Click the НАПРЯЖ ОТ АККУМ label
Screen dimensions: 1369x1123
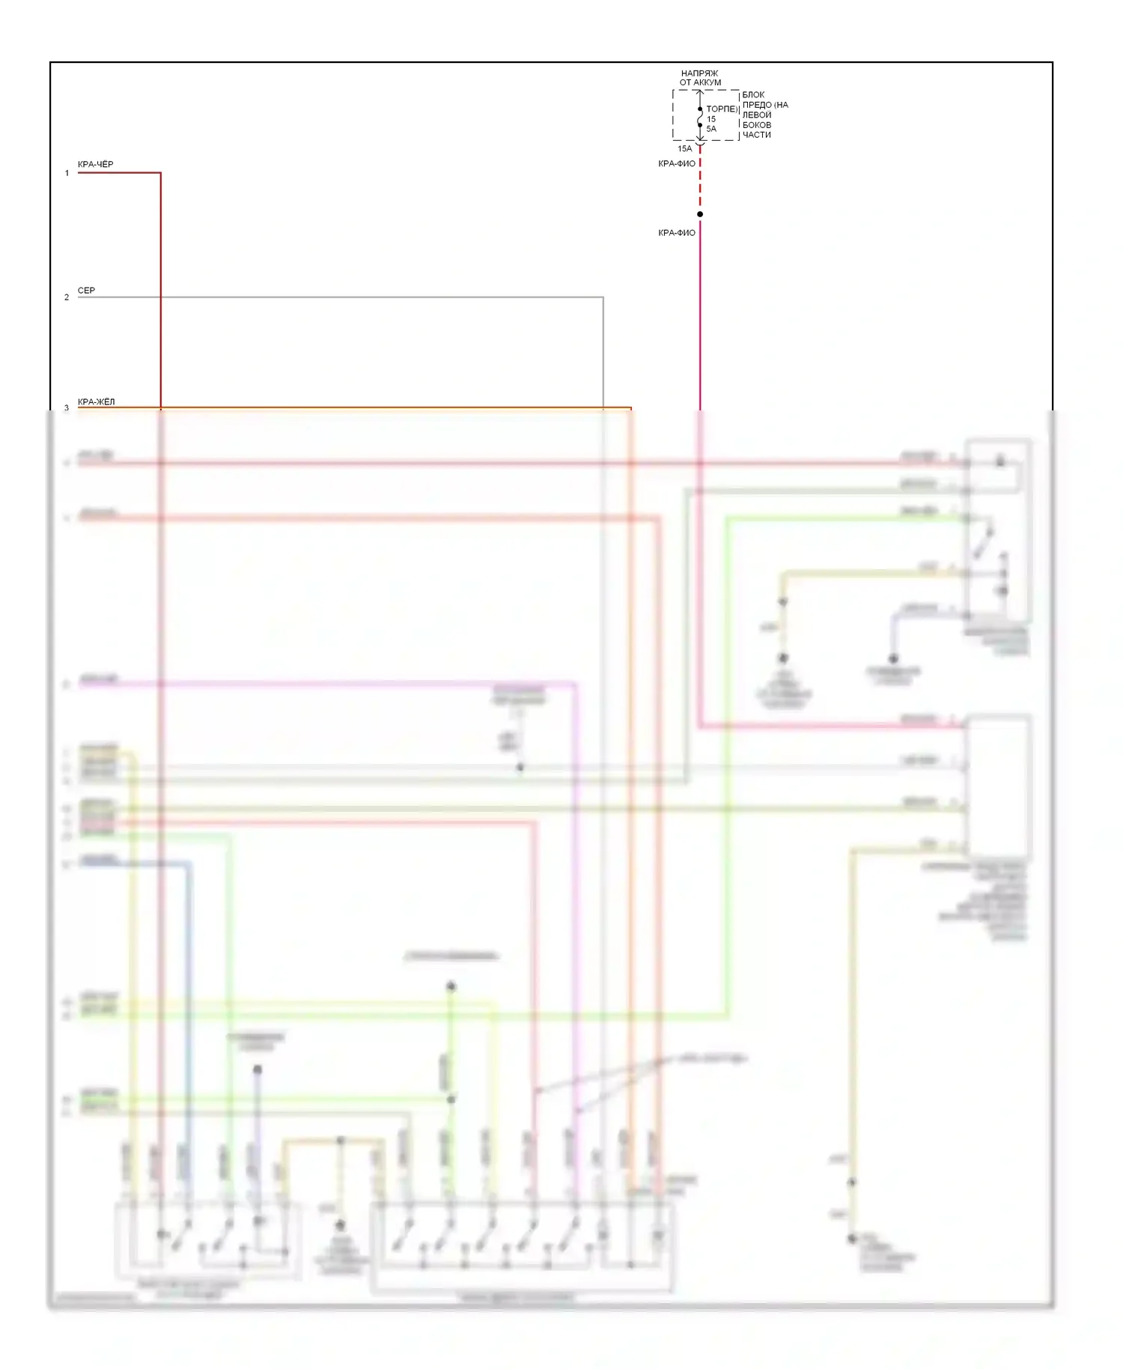700,78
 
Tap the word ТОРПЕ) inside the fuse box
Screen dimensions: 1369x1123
722,109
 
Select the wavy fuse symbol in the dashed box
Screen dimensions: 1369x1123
700,118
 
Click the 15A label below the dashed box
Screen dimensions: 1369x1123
685,149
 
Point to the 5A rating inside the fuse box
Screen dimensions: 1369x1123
711,129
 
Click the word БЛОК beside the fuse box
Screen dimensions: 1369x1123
753,95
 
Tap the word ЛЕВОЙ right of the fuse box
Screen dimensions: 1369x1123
756,115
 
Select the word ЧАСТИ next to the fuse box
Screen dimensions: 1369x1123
756,135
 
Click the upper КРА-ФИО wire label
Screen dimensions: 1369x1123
677,163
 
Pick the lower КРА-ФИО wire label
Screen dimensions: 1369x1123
677,233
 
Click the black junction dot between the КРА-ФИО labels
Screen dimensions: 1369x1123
700,214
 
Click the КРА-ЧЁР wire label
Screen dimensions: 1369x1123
96,165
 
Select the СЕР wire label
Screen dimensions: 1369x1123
86,291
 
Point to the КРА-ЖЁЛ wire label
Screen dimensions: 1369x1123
97,402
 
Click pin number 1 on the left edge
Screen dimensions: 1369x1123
67,173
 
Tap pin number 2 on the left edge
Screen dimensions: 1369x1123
67,297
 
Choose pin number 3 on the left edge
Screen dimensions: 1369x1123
67,408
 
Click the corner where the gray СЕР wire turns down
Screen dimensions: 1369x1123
603,297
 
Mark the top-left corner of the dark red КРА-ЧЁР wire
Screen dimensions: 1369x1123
160,173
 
